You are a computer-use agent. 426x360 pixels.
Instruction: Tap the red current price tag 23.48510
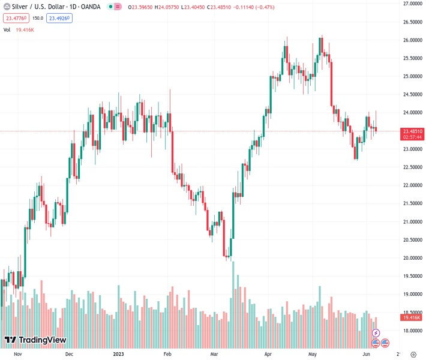point(413,131)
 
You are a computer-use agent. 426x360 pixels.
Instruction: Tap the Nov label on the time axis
point(17,354)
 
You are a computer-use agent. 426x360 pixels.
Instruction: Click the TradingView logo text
point(42,340)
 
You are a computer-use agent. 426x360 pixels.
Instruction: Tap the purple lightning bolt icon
point(376,332)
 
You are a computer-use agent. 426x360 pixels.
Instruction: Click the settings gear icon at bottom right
point(413,353)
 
